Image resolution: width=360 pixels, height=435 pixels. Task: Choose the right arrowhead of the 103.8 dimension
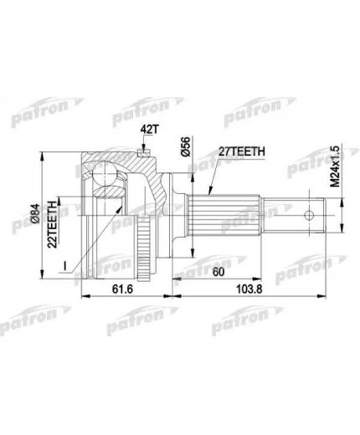[326, 294]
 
